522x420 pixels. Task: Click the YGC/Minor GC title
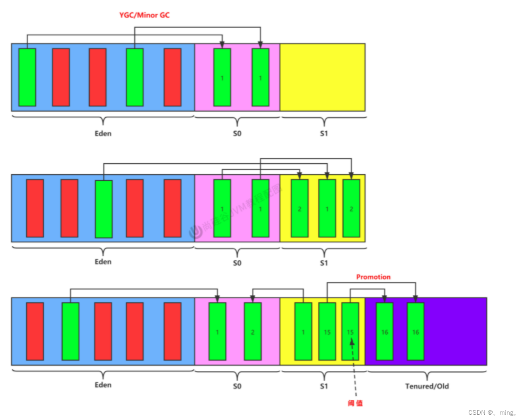tap(144, 15)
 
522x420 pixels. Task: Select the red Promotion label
tap(373, 277)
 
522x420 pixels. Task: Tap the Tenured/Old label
tap(427, 386)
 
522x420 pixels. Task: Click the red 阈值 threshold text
tap(355, 403)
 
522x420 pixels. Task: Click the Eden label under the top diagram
tap(103, 133)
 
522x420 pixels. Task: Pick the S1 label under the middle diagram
tap(324, 263)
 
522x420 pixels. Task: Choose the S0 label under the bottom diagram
tap(237, 386)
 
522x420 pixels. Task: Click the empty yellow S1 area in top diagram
tap(322, 77)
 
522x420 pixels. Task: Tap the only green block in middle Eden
tap(104, 209)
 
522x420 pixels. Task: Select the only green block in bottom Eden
tap(70, 331)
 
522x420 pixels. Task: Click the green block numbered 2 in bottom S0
tap(253, 331)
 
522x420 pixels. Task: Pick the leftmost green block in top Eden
tap(27, 77)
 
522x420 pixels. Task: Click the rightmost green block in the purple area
tap(416, 331)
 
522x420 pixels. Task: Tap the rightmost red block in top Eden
tap(172, 77)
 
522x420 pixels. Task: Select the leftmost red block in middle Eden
tap(35, 208)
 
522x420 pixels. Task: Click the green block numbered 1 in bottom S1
tap(303, 331)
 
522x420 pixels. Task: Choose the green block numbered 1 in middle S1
tap(327, 208)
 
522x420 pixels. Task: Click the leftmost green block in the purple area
tap(384, 331)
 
